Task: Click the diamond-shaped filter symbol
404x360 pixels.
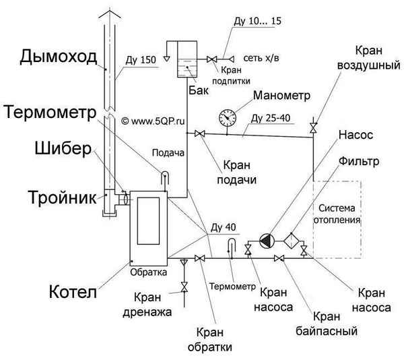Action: click(x=292, y=239)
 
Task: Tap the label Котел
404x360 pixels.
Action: click(x=73, y=293)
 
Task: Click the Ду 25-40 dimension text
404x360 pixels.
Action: click(x=271, y=119)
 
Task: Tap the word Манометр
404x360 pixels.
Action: click(x=281, y=96)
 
